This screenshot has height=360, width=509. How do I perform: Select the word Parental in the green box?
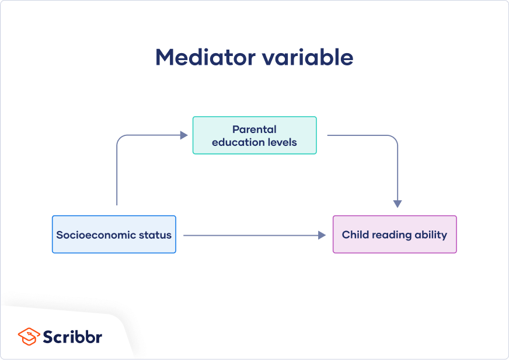(x=254, y=130)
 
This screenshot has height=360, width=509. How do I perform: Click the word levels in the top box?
(x=282, y=142)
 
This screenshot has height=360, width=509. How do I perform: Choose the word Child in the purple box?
(x=355, y=235)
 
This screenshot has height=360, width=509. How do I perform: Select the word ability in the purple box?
(x=433, y=235)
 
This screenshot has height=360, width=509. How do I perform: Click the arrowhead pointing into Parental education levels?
(x=184, y=135)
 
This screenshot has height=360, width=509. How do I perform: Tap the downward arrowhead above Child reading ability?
(x=398, y=204)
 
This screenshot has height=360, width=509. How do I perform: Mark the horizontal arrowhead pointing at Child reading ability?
(x=322, y=235)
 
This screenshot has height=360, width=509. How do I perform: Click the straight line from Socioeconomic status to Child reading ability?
(x=251, y=235)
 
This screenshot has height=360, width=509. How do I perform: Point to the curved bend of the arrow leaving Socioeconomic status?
(x=120, y=139)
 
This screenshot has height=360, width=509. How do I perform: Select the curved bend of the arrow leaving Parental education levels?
(x=394, y=139)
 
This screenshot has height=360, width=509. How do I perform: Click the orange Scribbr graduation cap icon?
(x=29, y=336)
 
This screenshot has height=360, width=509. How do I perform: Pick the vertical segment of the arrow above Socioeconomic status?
(x=117, y=175)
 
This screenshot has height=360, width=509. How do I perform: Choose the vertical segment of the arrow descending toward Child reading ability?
(x=398, y=172)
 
